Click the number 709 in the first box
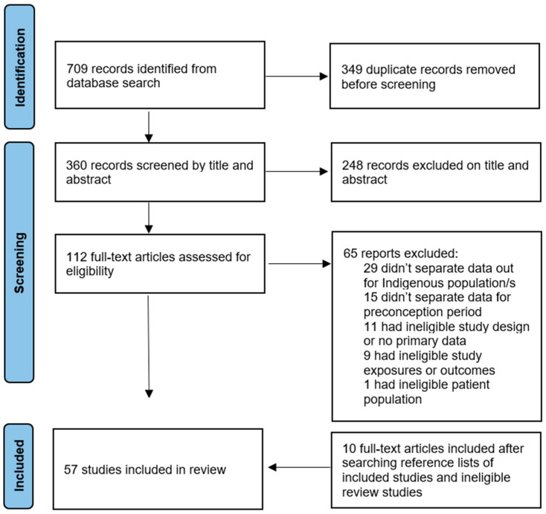[77, 68]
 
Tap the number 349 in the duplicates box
[352, 69]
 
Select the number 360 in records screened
[77, 165]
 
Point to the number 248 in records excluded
[353, 165]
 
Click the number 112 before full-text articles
[77, 257]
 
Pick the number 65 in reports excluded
[350, 253]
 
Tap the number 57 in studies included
[71, 469]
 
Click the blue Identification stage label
[19, 67]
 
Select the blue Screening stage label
[19, 263]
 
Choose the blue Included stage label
[19, 466]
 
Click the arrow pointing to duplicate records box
[297, 77]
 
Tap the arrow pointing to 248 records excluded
[297, 171]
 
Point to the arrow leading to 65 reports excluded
[300, 263]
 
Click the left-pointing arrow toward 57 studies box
[300, 467]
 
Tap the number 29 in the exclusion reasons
[370, 268]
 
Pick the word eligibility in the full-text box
[90, 272]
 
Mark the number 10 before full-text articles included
[349, 449]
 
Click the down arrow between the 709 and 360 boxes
[149, 127]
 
